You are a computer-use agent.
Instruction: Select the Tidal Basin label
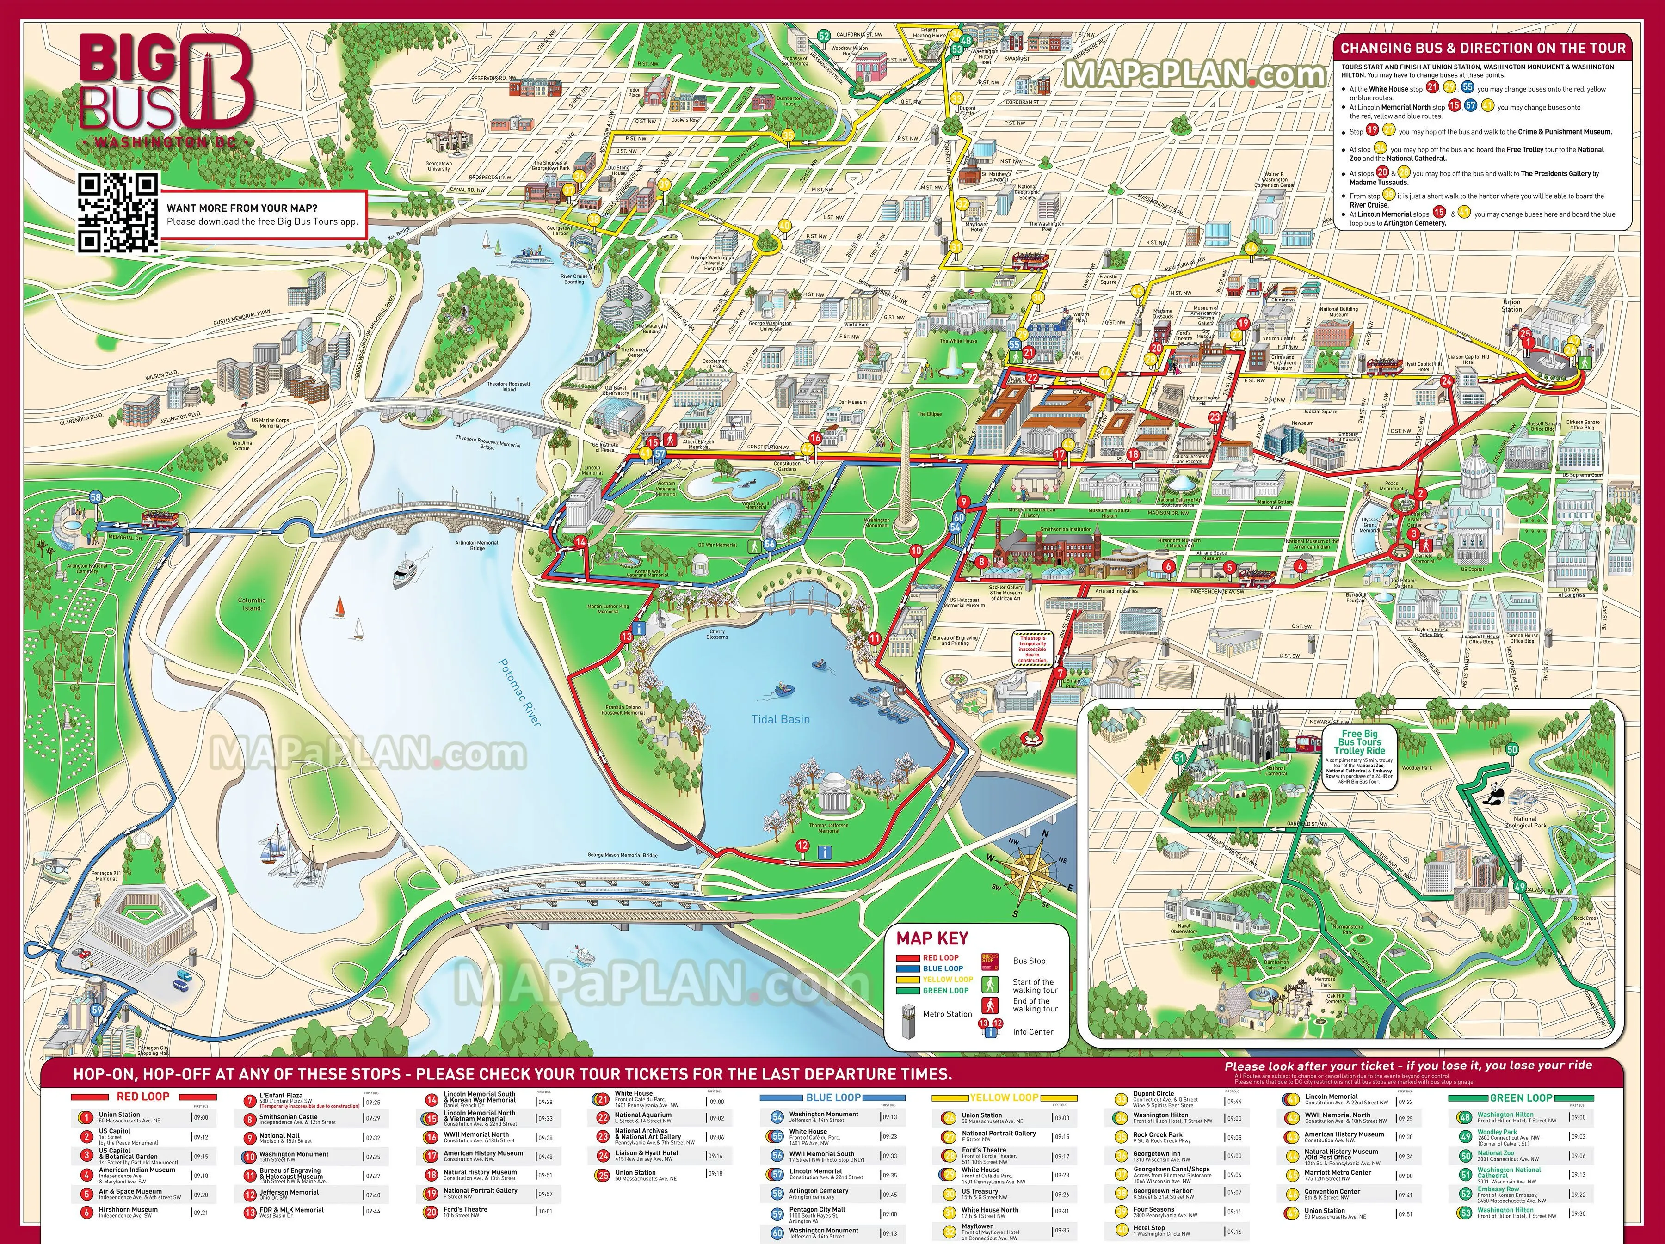coord(781,719)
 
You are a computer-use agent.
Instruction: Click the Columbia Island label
coord(252,604)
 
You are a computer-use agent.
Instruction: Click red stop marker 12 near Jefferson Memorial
coord(802,846)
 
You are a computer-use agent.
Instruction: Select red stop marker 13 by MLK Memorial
coord(626,637)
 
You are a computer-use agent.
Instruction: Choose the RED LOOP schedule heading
coord(143,1097)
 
